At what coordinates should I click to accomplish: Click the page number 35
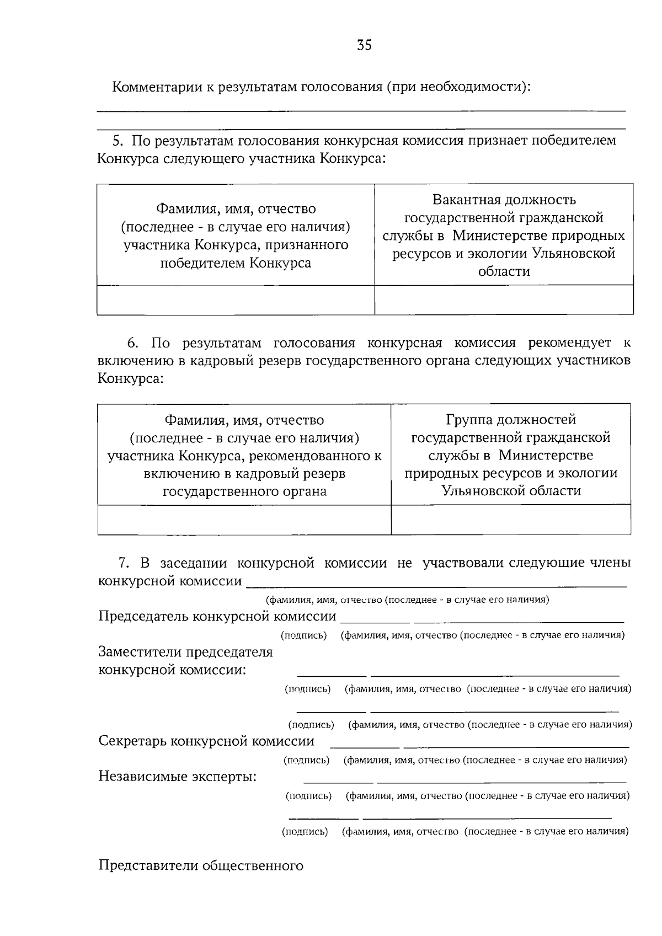point(364,45)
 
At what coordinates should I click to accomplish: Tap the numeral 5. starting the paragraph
point(118,141)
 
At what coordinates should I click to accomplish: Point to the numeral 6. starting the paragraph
point(132,343)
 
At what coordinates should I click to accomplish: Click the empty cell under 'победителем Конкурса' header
point(236,300)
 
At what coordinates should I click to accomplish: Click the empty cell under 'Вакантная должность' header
point(504,300)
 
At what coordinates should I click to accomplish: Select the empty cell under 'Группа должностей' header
point(511,520)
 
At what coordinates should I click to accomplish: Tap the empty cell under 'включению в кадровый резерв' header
point(244,520)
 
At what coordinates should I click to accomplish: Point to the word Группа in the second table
point(469,420)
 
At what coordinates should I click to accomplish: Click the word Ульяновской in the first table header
point(573,254)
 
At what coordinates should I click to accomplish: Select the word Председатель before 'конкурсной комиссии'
point(144,616)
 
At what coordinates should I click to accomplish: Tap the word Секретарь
point(132,741)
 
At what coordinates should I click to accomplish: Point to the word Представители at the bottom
point(148,865)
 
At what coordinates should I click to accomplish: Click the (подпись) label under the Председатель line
point(304,635)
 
